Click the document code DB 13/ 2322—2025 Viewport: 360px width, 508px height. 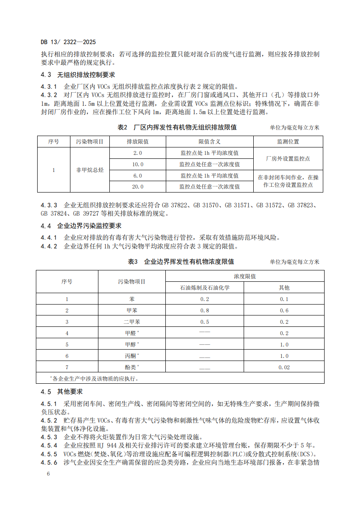(68, 42)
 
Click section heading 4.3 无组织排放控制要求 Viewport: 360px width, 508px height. (78, 75)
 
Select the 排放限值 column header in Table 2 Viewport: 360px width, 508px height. (138, 142)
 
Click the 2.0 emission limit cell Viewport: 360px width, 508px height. (138, 153)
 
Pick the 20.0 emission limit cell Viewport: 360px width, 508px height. (138, 186)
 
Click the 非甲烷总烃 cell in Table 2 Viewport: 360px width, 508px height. (90, 170)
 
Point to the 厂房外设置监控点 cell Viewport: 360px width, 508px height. (288, 158)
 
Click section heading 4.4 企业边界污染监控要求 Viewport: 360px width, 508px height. (81, 226)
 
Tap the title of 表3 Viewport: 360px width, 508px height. (180, 262)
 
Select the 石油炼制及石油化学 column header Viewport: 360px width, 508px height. (205, 288)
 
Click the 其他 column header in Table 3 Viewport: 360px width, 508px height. (284, 288)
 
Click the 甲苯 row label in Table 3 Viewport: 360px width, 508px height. (132, 311)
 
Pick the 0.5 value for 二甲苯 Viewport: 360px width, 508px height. (205, 322)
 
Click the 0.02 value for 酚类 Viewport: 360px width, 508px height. (284, 368)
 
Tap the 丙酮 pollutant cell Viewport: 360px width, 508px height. (132, 356)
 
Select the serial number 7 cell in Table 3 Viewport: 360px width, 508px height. (67, 368)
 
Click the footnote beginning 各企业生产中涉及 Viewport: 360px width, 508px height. (94, 378)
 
